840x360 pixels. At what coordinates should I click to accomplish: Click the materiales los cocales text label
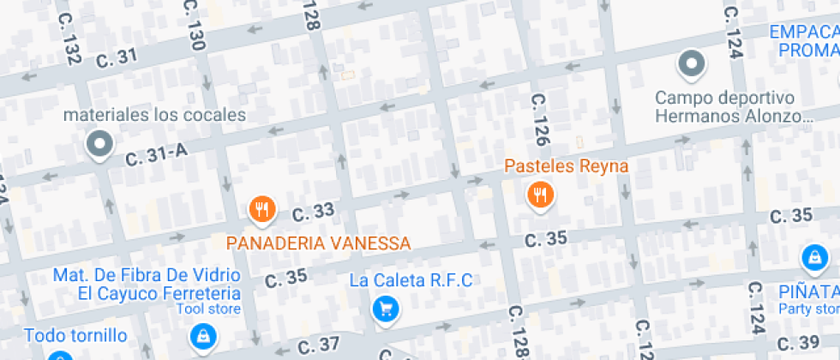point(156,114)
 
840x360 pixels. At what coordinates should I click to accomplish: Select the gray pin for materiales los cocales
point(100,145)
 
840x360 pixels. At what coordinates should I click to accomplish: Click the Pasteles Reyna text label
point(567,165)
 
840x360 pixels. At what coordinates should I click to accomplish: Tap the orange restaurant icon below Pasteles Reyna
point(540,195)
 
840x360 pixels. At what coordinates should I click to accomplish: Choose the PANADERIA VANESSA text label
point(318,243)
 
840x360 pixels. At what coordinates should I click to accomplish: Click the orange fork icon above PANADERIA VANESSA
point(261,208)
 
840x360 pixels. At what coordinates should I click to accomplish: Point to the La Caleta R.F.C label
point(411,280)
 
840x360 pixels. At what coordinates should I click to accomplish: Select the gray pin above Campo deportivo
point(691,63)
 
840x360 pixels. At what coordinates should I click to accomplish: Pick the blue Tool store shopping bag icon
point(202,336)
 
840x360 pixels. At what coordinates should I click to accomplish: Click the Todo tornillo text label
point(75,335)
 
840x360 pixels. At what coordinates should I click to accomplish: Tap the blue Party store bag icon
point(813,256)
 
